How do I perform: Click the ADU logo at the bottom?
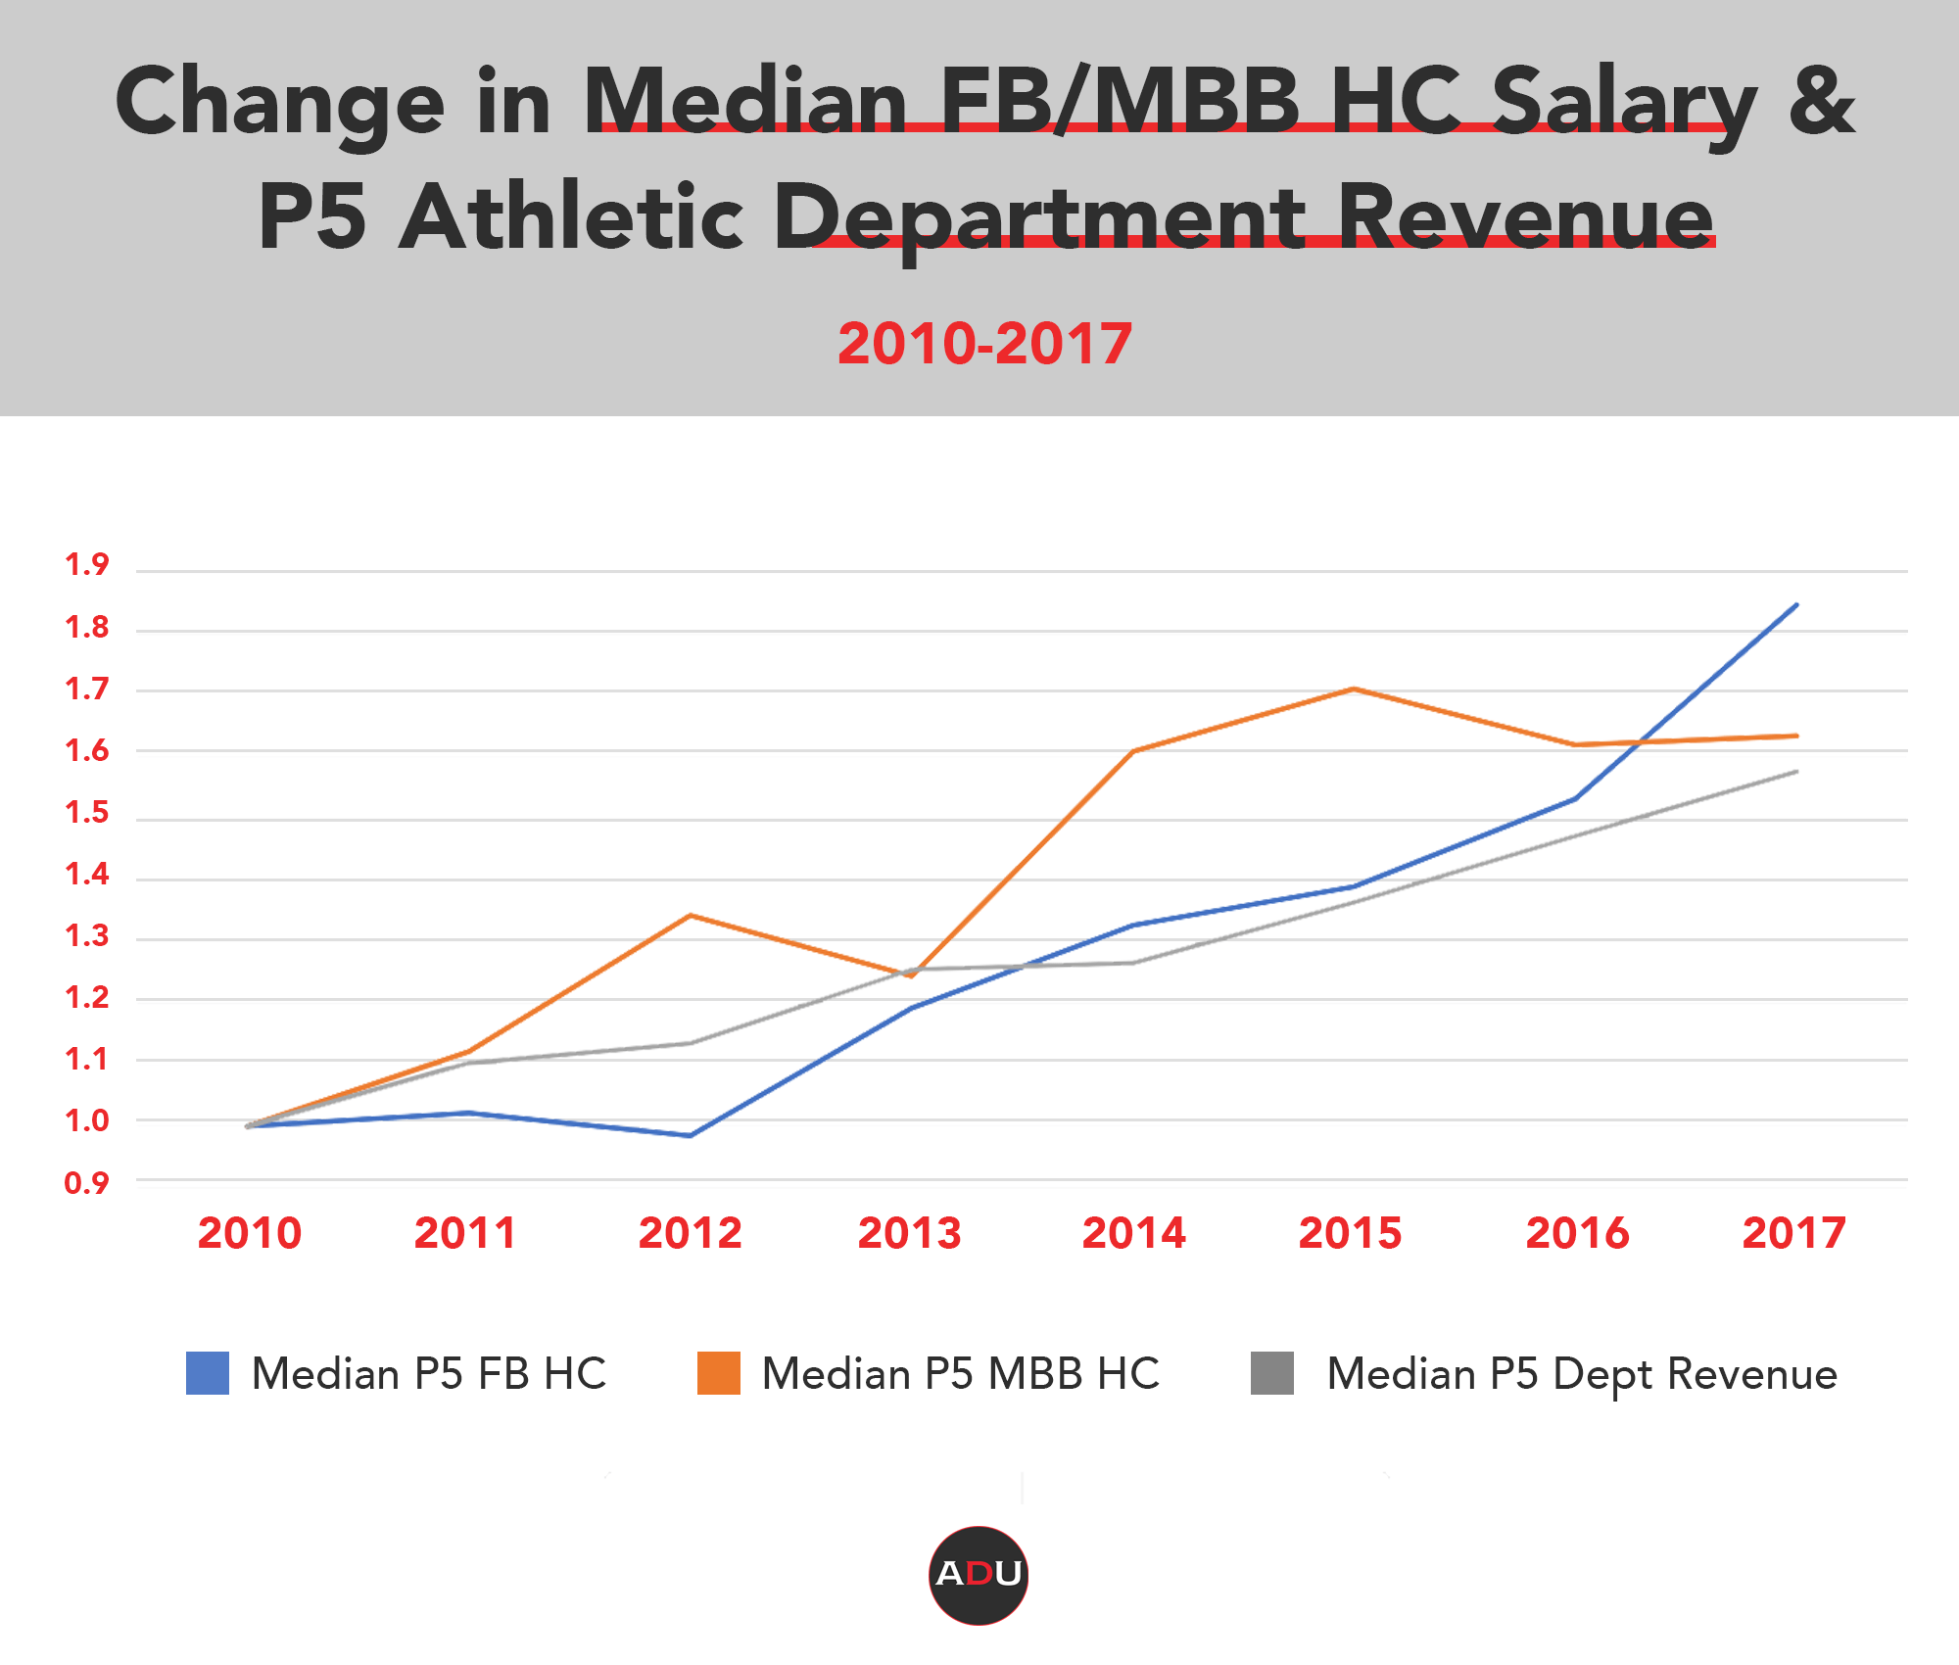tap(978, 1575)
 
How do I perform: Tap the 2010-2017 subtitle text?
tap(984, 344)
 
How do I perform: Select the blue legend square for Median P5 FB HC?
tap(208, 1373)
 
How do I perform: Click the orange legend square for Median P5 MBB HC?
tap(719, 1373)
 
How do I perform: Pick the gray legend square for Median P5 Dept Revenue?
tap(1272, 1373)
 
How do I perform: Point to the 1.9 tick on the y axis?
tap(87, 565)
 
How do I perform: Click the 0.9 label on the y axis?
tap(87, 1183)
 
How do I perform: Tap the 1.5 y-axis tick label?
tap(87, 813)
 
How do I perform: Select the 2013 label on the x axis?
tap(910, 1233)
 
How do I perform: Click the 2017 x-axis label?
tap(1794, 1233)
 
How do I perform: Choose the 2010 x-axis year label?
tap(250, 1233)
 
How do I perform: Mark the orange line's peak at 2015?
tap(1354, 689)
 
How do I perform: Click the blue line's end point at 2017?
tap(1796, 605)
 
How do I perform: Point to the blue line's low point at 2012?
tap(691, 1135)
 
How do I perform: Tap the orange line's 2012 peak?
tap(691, 916)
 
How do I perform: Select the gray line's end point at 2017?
tap(1796, 772)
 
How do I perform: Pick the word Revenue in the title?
tap(1525, 217)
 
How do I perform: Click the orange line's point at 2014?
tap(1133, 751)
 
